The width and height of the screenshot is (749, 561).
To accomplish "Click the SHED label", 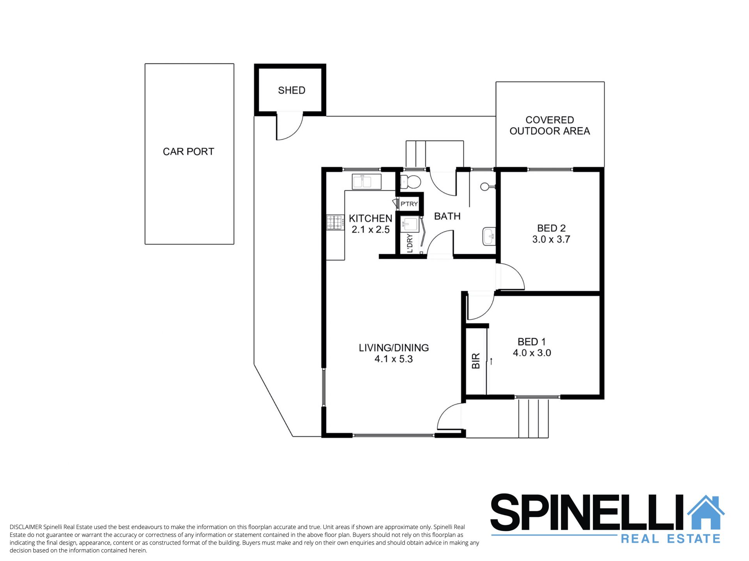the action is click(x=291, y=90).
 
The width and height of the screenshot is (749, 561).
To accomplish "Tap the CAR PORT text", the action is click(x=188, y=152).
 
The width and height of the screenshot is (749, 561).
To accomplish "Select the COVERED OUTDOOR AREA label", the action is click(x=550, y=126).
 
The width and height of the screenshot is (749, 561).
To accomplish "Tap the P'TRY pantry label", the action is click(x=409, y=204).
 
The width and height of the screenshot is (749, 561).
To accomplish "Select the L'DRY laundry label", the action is click(x=410, y=243).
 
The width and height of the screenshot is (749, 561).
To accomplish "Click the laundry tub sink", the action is click(x=410, y=225).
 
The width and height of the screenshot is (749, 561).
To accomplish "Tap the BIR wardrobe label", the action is click(x=476, y=361).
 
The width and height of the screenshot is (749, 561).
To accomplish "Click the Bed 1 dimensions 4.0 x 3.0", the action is click(x=532, y=353).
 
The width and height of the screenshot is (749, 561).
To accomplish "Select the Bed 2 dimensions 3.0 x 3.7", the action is click(x=551, y=239).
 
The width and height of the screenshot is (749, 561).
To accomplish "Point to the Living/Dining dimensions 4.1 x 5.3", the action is click(x=394, y=359).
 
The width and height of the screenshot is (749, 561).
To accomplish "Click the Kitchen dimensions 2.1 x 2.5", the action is click(x=371, y=230).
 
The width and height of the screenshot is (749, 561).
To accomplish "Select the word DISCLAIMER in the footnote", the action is click(x=26, y=527).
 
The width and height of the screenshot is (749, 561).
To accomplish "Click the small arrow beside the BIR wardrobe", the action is click(x=492, y=361).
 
